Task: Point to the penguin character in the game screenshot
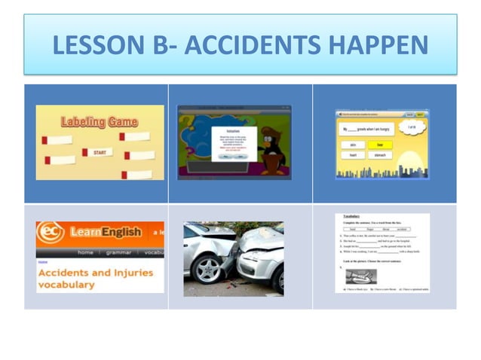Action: (271, 146)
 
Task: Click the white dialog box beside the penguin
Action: (234, 142)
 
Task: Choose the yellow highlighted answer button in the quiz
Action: (381, 144)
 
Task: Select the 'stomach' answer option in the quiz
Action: (381, 155)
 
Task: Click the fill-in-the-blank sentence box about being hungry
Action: (369, 129)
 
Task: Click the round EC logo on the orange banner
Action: (50, 233)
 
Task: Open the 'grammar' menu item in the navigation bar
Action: (119, 252)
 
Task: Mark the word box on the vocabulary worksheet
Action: (375, 229)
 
